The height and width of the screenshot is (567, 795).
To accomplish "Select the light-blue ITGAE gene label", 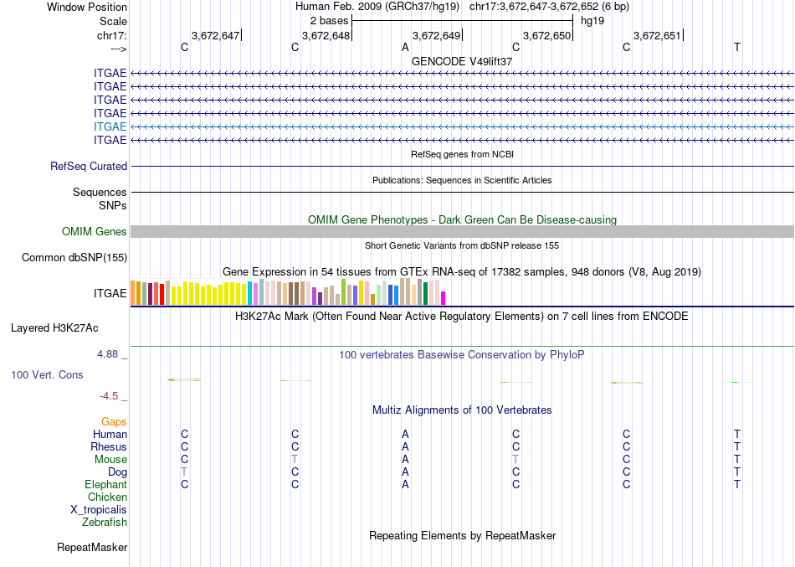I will coord(110,126).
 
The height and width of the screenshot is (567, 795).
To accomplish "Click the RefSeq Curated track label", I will coord(89,167).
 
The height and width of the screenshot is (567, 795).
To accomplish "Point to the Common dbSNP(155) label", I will coord(74,258).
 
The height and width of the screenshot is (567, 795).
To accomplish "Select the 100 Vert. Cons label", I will coord(48,375).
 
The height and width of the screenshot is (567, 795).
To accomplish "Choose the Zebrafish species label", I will coord(105,523).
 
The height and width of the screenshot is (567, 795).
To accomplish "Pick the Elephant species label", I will coord(105,485).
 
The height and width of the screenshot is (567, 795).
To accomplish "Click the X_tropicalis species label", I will coord(99,510).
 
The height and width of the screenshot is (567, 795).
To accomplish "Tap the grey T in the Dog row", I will coord(184,472).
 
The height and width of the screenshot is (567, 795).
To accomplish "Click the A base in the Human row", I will coord(405,435).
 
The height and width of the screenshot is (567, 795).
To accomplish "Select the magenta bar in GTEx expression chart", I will coord(444,298).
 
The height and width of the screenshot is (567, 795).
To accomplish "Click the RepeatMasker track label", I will coord(92,548).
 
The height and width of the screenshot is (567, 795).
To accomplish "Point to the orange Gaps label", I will coord(114,422).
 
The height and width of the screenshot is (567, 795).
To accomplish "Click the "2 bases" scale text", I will coord(328,19).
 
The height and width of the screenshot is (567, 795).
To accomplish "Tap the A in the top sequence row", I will coord(405,48).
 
